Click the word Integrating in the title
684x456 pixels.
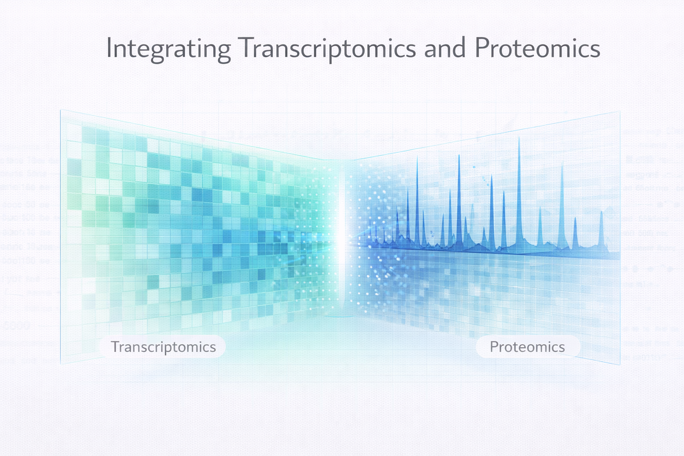[168, 49]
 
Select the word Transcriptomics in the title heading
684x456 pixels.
[327, 49]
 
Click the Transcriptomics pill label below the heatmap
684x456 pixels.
[163, 347]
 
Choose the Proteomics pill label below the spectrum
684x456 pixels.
[527, 347]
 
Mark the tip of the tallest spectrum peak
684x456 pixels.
[519, 138]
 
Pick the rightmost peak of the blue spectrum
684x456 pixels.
[601, 212]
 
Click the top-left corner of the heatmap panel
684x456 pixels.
[61, 110]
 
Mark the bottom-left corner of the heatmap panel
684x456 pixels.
[61, 364]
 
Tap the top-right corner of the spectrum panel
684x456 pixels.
[620, 111]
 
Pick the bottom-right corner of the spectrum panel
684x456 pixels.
[620, 365]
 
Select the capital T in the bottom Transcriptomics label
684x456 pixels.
[115, 346]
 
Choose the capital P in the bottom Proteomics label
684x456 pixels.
[494, 346]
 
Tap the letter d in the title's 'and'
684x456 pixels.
[459, 48]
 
